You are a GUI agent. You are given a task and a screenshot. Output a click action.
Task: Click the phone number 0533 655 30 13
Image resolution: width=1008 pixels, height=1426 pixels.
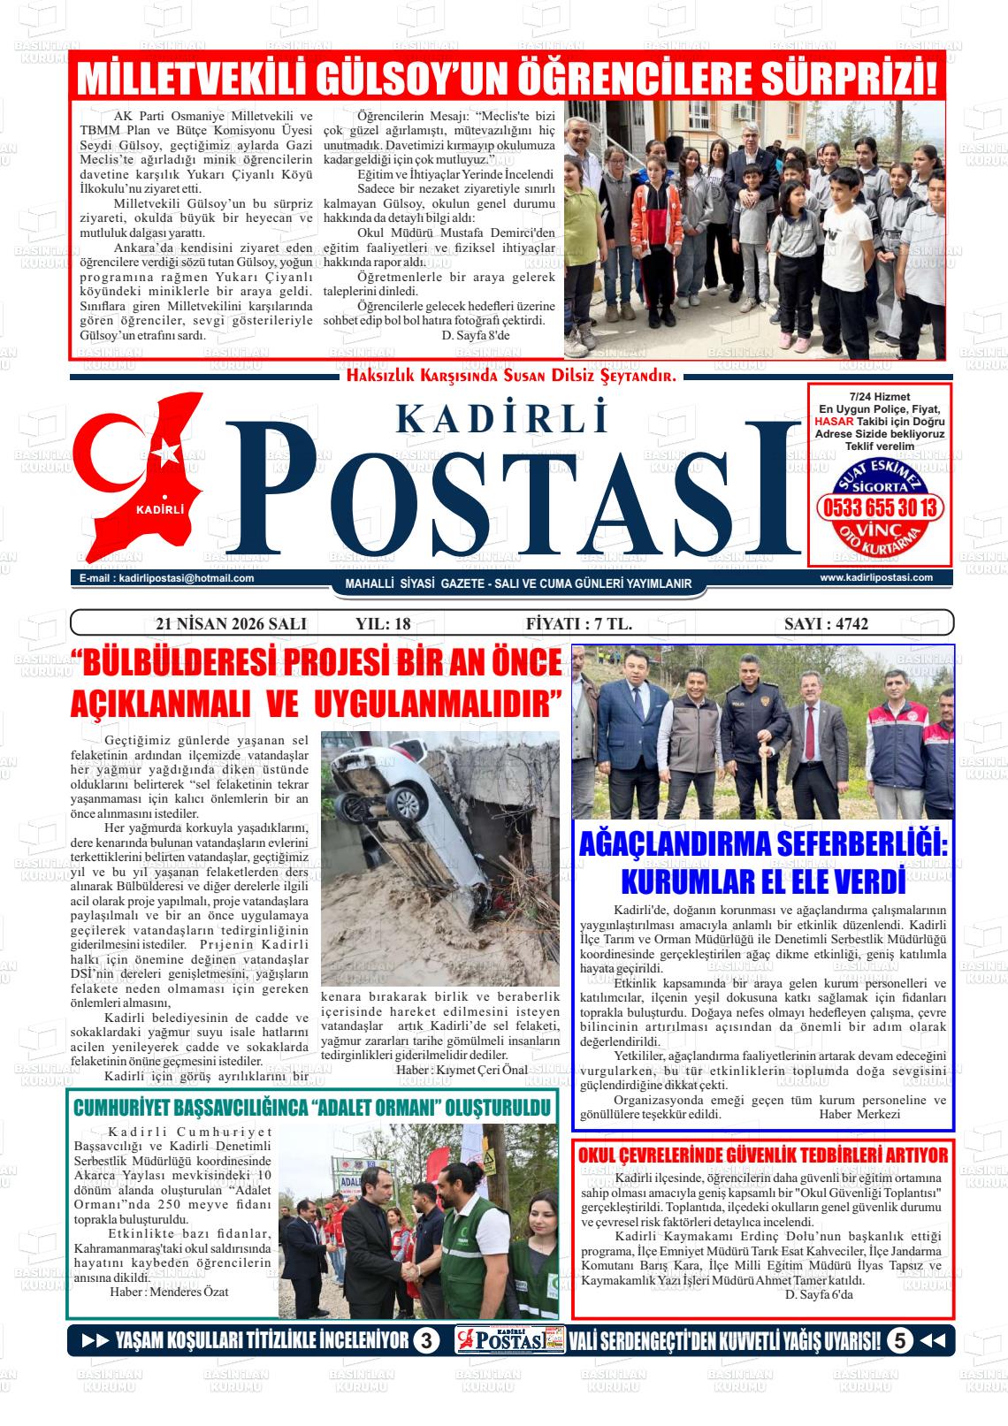point(880,508)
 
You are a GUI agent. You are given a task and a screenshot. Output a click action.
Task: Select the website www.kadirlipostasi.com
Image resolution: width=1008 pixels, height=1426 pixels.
point(876,577)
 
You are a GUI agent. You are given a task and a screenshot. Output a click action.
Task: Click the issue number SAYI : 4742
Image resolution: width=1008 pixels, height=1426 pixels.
point(826,623)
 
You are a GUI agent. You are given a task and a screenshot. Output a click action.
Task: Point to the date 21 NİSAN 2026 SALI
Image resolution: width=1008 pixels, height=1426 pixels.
point(231,623)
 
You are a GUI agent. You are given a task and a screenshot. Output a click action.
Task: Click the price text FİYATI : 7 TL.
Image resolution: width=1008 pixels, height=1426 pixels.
point(578,623)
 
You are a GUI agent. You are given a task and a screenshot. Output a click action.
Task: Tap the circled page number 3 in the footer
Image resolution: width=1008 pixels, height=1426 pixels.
point(426,1341)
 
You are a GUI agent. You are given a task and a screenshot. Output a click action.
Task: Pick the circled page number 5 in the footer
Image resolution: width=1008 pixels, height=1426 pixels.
point(899,1341)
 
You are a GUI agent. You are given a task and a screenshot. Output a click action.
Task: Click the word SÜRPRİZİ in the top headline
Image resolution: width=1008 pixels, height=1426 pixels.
point(848,78)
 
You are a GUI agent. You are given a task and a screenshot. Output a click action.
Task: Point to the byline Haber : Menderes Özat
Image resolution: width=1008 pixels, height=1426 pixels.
point(169,1292)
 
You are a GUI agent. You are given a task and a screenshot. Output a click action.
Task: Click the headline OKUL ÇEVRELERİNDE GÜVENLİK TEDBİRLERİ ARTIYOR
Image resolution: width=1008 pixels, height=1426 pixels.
point(762,1155)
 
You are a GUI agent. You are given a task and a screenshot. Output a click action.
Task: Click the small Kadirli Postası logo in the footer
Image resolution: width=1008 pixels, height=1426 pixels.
point(510,1341)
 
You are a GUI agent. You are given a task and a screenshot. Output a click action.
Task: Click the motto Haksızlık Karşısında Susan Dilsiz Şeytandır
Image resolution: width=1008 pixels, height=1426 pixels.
point(511,376)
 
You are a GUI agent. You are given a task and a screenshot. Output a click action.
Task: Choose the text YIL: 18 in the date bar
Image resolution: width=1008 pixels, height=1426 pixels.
point(383,623)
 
